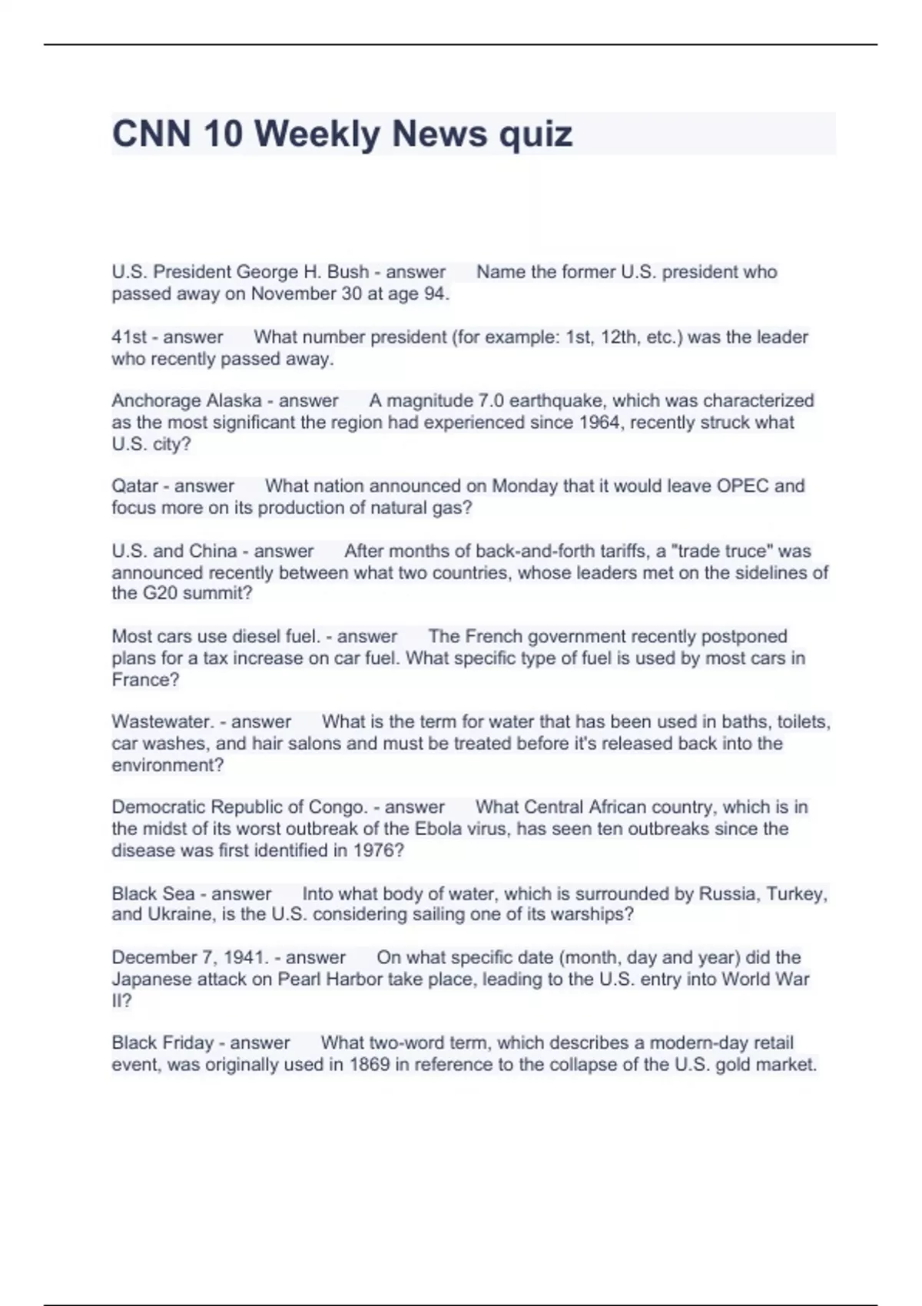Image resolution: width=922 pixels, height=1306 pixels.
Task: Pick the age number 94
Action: pyautogui.click(x=436, y=294)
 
